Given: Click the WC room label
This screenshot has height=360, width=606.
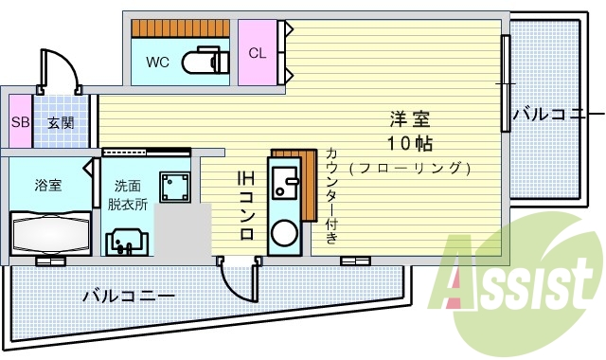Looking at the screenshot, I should pyautogui.click(x=157, y=63).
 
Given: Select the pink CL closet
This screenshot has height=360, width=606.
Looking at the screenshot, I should pyautogui.click(x=257, y=53).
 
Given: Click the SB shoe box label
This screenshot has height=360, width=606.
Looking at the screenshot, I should pyautogui.click(x=20, y=122).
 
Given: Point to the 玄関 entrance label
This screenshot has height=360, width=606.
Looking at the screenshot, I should pyautogui.click(x=62, y=122).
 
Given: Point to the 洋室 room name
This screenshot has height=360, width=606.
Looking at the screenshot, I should pyautogui.click(x=410, y=120).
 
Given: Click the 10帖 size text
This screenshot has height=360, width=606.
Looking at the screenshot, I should pyautogui.click(x=410, y=145).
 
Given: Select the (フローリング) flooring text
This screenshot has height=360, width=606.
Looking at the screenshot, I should pyautogui.click(x=409, y=169).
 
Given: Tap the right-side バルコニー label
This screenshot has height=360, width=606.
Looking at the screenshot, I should pyautogui.click(x=553, y=115).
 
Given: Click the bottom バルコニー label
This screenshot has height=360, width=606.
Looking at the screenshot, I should pyautogui.click(x=128, y=296).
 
